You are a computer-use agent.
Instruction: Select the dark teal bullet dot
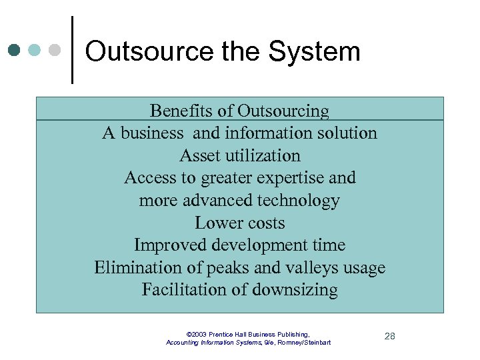click(x=15, y=50)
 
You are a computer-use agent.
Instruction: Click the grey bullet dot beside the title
click(x=55, y=50)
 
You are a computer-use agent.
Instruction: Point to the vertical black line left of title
click(x=71, y=50)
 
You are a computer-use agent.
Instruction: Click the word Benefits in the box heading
click(x=175, y=111)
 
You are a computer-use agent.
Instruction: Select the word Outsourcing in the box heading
click(x=283, y=111)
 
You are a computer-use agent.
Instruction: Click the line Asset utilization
click(x=240, y=155)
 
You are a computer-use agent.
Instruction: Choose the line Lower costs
click(x=240, y=223)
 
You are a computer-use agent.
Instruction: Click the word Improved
click(x=167, y=245)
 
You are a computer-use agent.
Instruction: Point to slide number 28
click(x=390, y=336)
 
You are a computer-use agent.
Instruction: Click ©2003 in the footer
click(x=198, y=334)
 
